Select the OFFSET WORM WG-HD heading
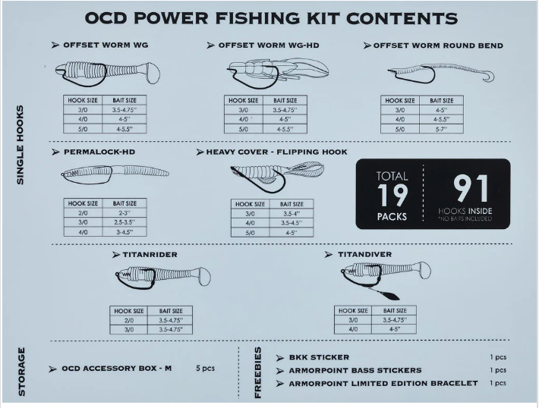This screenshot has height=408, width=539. coord(269,46)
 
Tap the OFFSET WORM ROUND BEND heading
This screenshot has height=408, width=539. coord(438,46)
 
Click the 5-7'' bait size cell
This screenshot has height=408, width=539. coord(441,129)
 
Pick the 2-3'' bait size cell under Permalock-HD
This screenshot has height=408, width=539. coord(125,213)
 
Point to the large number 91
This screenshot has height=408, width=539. coord(471,189)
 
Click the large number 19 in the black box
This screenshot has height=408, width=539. coord(392,196)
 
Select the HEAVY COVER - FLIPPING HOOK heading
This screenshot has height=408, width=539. coord(276,152)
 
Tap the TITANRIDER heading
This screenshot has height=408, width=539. coord(150,255)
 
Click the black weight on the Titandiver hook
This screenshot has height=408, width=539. coord(389,295)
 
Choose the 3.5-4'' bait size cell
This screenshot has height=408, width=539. coord(292,214)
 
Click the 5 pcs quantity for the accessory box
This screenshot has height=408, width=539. coord(205,368)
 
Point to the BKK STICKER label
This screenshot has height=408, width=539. coord(319,357)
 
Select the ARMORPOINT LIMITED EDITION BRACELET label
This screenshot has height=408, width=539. coord(383,383)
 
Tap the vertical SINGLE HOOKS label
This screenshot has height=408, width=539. coord(20,145)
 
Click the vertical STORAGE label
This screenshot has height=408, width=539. coord(21,372)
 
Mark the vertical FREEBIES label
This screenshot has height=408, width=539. coord(258,372)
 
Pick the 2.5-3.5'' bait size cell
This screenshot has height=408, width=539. coord(125,222)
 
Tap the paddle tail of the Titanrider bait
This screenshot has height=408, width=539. coord(203,277)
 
